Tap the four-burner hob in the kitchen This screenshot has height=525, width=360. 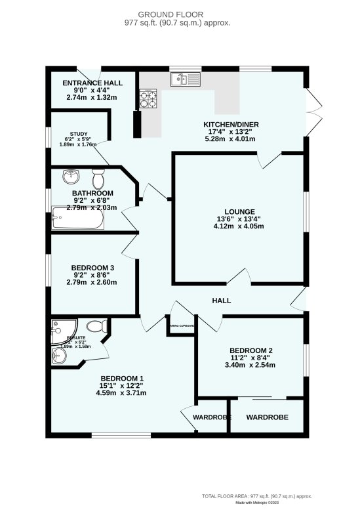pos(148,99)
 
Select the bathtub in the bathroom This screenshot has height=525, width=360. pos(78,219)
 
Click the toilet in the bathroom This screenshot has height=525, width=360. pos(98,178)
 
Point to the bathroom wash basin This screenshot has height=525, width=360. pos(70,177)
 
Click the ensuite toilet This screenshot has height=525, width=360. pos(96,326)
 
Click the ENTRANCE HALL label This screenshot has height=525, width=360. pos(92,83)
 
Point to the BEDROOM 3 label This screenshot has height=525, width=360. pos(92,268)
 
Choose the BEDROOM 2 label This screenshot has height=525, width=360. pos(250,350)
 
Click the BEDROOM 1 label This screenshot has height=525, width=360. pos(121,378)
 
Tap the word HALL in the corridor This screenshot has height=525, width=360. pos(221,301)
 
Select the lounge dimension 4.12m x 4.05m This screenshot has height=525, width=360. pos(239,226)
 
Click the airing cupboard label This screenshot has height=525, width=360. pos(181,325)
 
